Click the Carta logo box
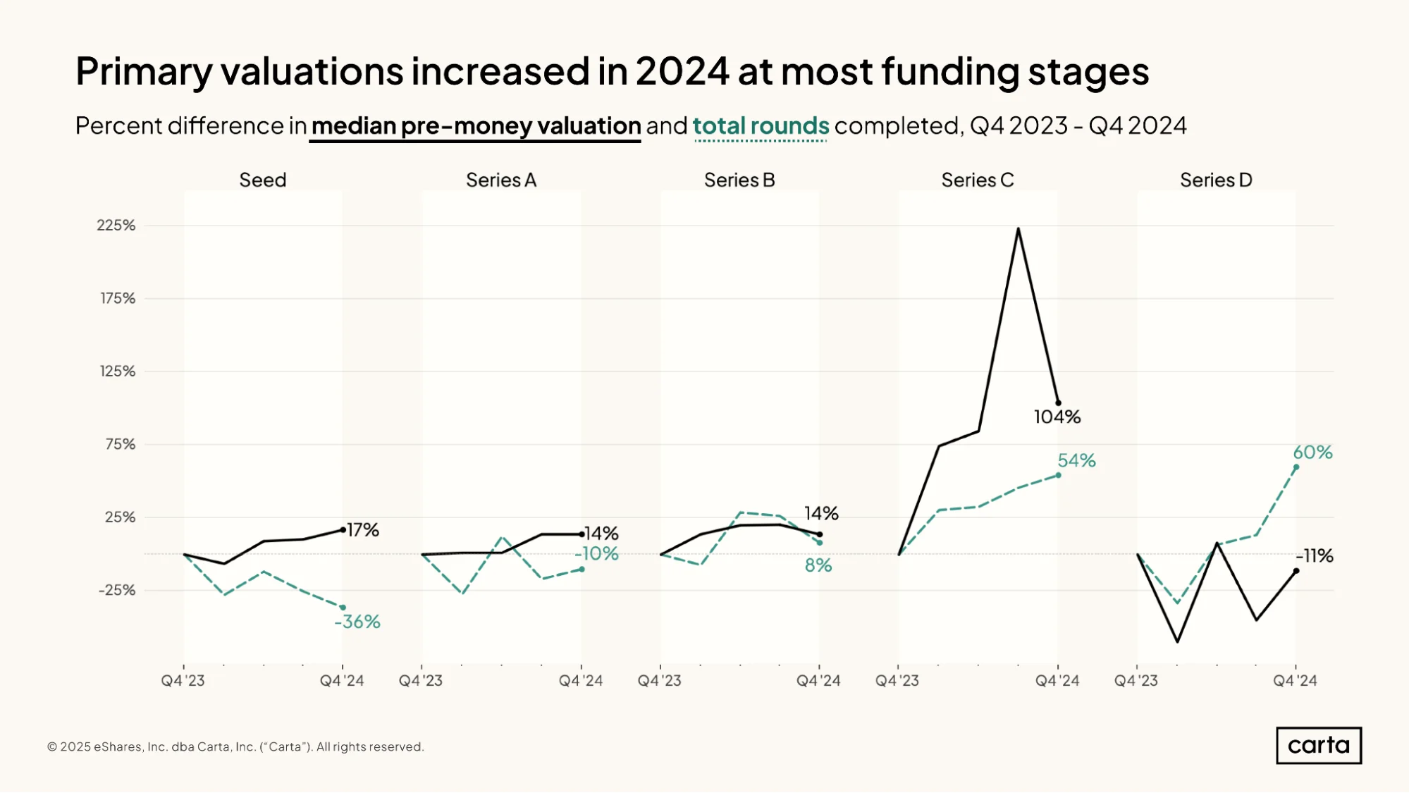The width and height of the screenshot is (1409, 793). pos(1319,745)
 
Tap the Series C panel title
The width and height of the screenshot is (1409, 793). pos(978,180)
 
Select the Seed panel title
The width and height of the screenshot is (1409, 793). pos(263,180)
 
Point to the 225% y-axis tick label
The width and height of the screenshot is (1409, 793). pos(116,226)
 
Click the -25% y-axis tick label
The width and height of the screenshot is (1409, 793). pos(117,590)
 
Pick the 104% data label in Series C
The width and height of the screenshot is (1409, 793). pos(1057,417)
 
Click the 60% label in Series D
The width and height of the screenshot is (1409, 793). pos(1312,453)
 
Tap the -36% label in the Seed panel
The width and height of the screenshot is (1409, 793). pos(357,622)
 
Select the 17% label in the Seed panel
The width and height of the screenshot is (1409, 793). pos(363,530)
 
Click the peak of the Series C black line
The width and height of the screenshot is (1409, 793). pos(1018,228)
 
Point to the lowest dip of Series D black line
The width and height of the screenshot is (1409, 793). pos(1177,641)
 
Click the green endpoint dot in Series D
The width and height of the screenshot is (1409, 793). pos(1296,467)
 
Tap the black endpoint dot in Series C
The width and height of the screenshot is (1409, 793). pos(1058,403)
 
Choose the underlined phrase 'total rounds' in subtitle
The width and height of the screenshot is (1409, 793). pos(761,126)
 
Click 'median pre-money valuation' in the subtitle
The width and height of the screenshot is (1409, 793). pos(476,126)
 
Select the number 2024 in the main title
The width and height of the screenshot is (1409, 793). pos(682,71)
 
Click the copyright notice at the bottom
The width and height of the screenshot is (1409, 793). pos(235,746)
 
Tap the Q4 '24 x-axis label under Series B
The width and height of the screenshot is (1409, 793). pos(818,681)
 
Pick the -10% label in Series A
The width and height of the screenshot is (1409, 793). pos(596,554)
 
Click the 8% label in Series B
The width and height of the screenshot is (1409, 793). pos(818,565)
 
